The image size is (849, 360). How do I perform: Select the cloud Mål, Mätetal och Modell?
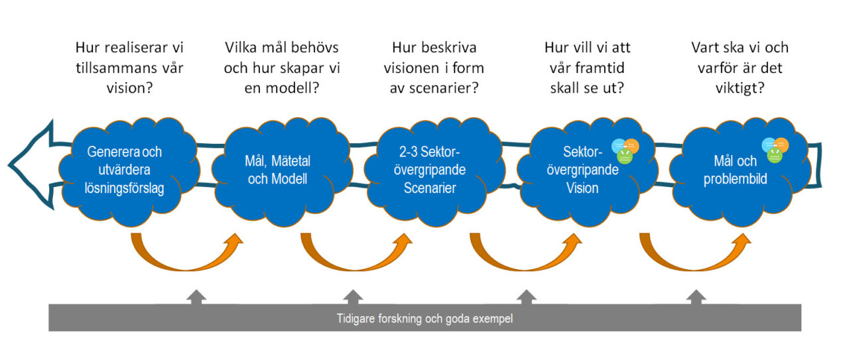(x=279, y=170)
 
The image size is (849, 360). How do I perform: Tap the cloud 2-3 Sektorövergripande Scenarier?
(x=430, y=170)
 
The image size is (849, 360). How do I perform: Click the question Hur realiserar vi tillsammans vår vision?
(x=130, y=67)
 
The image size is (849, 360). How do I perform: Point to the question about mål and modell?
(x=282, y=67)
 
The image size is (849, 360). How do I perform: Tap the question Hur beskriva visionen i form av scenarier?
(x=434, y=67)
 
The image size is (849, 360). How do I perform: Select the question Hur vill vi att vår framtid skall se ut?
(x=587, y=67)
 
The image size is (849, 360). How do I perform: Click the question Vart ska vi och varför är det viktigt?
(x=740, y=67)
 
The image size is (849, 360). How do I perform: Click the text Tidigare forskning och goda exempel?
(x=424, y=318)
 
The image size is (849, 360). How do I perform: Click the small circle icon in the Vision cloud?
(x=625, y=150)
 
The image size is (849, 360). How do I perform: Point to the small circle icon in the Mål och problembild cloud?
(x=775, y=149)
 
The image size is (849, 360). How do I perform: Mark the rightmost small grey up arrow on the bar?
(x=696, y=296)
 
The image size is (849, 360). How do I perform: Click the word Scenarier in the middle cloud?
(x=430, y=188)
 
